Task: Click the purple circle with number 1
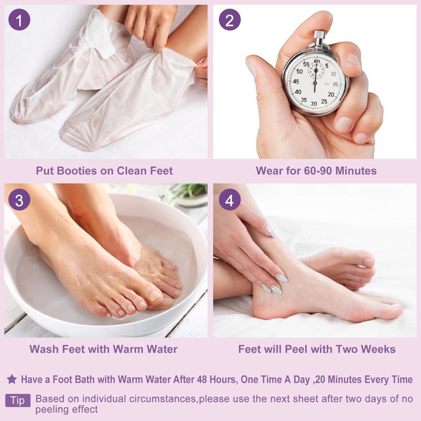click(19, 19)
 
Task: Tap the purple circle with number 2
click(229, 19)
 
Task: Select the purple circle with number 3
click(19, 199)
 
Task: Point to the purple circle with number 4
click(229, 199)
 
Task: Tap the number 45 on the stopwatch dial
click(296, 81)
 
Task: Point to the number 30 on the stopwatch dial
click(314, 103)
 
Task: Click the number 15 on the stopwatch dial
click(335, 84)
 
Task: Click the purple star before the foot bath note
click(12, 379)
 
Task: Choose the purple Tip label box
click(18, 400)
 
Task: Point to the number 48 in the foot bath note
click(202, 379)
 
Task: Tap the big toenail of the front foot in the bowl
click(154, 295)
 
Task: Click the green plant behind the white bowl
click(189, 190)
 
